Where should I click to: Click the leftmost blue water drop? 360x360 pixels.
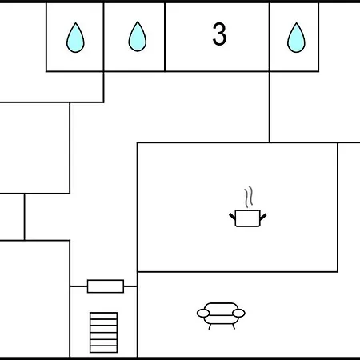[75, 38]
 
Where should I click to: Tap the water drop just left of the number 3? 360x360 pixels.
[138, 37]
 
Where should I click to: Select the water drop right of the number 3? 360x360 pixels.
[296, 38]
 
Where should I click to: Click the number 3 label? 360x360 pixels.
[219, 34]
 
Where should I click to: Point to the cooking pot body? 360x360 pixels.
[248, 218]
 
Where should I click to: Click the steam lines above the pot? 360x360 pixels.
[248, 197]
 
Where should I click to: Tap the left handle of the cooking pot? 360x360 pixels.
[232, 216]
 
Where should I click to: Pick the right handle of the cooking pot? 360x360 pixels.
[263, 217]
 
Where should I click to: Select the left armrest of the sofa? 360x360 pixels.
[203, 314]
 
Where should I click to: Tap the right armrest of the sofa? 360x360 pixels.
[238, 313]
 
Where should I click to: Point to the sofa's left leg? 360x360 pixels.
[210, 326]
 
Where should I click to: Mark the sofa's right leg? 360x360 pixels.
[234, 326]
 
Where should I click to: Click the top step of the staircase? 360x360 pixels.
[103, 316]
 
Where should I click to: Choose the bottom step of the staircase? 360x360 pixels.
[103, 349]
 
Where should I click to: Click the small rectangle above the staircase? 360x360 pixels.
[106, 286]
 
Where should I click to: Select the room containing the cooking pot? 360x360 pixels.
[238, 207]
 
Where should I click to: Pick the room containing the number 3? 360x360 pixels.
[217, 37]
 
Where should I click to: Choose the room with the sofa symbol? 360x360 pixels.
[249, 314]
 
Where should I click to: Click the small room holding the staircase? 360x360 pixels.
[103, 322]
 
